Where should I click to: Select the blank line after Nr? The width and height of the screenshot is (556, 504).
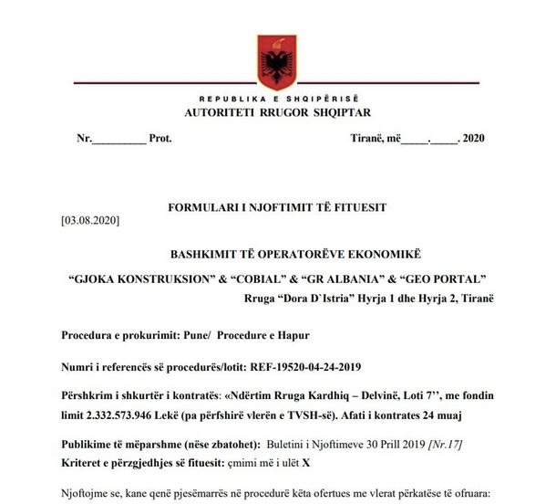click(x=118, y=139)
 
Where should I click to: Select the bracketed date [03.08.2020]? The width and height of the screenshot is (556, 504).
click(x=89, y=221)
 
